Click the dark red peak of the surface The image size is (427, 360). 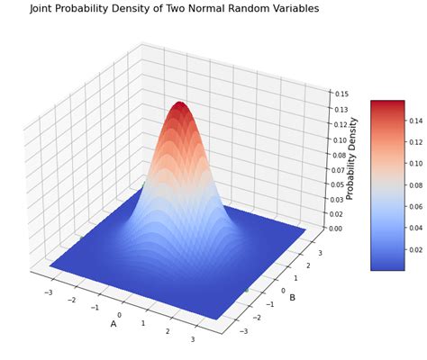click(x=180, y=106)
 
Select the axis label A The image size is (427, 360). click(x=114, y=323)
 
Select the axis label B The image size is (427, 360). click(x=292, y=298)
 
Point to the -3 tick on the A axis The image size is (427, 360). click(x=48, y=292)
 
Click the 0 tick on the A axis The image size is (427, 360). click(x=118, y=316)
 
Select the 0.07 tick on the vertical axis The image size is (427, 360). click(x=339, y=169)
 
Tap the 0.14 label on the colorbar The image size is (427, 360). click(x=416, y=117)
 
